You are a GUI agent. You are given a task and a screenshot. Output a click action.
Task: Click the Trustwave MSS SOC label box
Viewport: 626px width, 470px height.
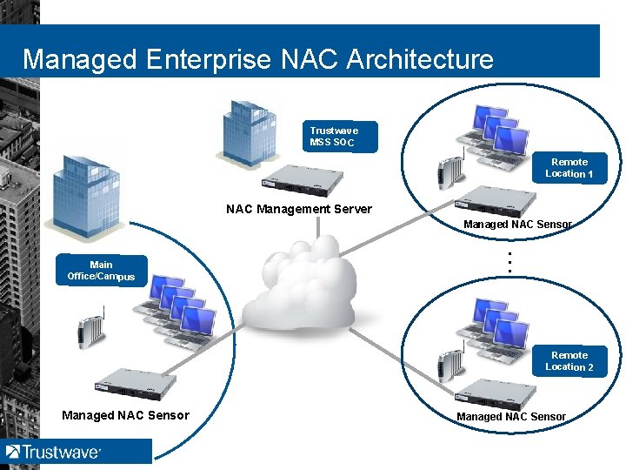340,137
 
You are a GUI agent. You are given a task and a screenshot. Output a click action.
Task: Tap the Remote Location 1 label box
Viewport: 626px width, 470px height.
569,168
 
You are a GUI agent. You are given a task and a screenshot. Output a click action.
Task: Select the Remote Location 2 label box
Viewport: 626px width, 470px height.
569,361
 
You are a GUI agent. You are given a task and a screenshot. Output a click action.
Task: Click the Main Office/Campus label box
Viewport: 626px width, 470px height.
101,270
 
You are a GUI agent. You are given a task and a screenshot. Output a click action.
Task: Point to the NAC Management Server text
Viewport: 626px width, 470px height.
298,209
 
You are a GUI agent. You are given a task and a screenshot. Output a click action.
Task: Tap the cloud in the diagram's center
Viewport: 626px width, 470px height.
300,287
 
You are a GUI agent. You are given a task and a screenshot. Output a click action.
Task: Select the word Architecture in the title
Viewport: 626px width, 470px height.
420,59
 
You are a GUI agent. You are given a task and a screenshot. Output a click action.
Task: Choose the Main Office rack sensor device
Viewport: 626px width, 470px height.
137,383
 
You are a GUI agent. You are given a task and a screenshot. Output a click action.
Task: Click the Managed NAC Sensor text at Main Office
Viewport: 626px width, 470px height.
125,415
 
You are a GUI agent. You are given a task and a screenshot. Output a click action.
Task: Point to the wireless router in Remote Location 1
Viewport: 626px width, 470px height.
449,174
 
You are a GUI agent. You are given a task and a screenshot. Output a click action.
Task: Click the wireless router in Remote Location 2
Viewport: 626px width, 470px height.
449,366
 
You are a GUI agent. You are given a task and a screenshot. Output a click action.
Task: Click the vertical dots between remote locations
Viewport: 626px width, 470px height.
509,262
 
